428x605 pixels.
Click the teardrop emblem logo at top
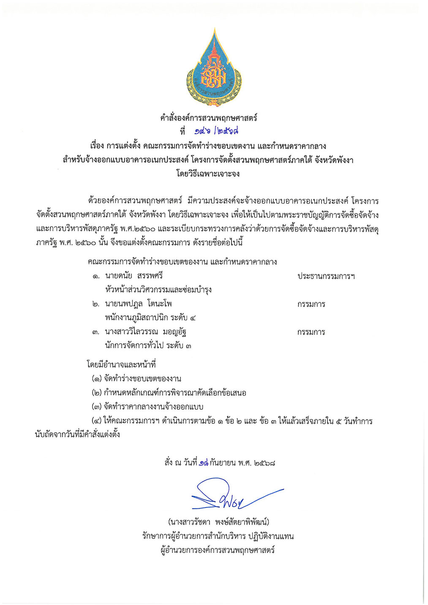(214, 68)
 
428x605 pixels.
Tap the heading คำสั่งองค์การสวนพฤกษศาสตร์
(209, 118)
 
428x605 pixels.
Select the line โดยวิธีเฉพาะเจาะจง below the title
(208, 174)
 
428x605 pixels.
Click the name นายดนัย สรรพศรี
(134, 276)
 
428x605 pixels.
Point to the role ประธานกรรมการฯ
(326, 277)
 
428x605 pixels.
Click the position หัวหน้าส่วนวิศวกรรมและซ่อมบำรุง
(158, 290)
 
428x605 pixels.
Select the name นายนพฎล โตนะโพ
(139, 304)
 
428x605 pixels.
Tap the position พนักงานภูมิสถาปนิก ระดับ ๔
(150, 318)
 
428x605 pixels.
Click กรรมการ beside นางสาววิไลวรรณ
(311, 332)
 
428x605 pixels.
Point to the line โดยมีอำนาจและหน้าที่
(122, 364)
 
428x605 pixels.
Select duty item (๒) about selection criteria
(169, 393)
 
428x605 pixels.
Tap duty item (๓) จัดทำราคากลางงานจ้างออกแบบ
(147, 407)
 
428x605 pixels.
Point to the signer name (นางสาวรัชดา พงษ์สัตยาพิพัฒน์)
(218, 522)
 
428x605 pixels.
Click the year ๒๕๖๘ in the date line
(264, 463)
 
